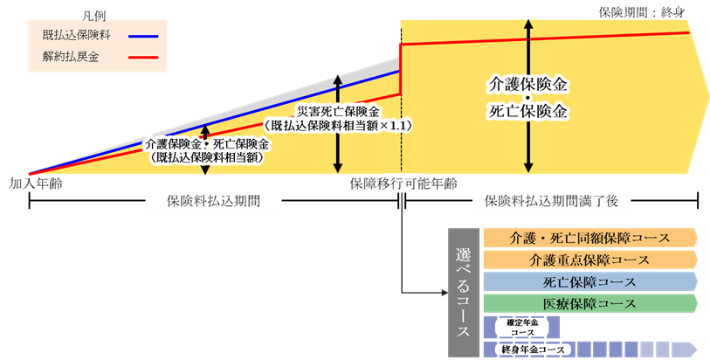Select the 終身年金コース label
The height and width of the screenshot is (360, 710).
(529, 350)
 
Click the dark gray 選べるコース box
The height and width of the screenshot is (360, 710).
(464, 293)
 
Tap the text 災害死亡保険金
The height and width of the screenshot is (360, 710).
(338, 112)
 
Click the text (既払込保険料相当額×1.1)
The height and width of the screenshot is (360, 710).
(338, 126)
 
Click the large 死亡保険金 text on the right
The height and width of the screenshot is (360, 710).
(527, 112)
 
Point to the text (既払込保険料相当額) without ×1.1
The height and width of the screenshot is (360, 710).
(206, 158)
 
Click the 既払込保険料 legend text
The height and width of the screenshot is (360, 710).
(76, 37)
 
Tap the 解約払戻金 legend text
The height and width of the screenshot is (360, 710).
(70, 58)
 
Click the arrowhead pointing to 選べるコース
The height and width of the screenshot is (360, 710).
(444, 293)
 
